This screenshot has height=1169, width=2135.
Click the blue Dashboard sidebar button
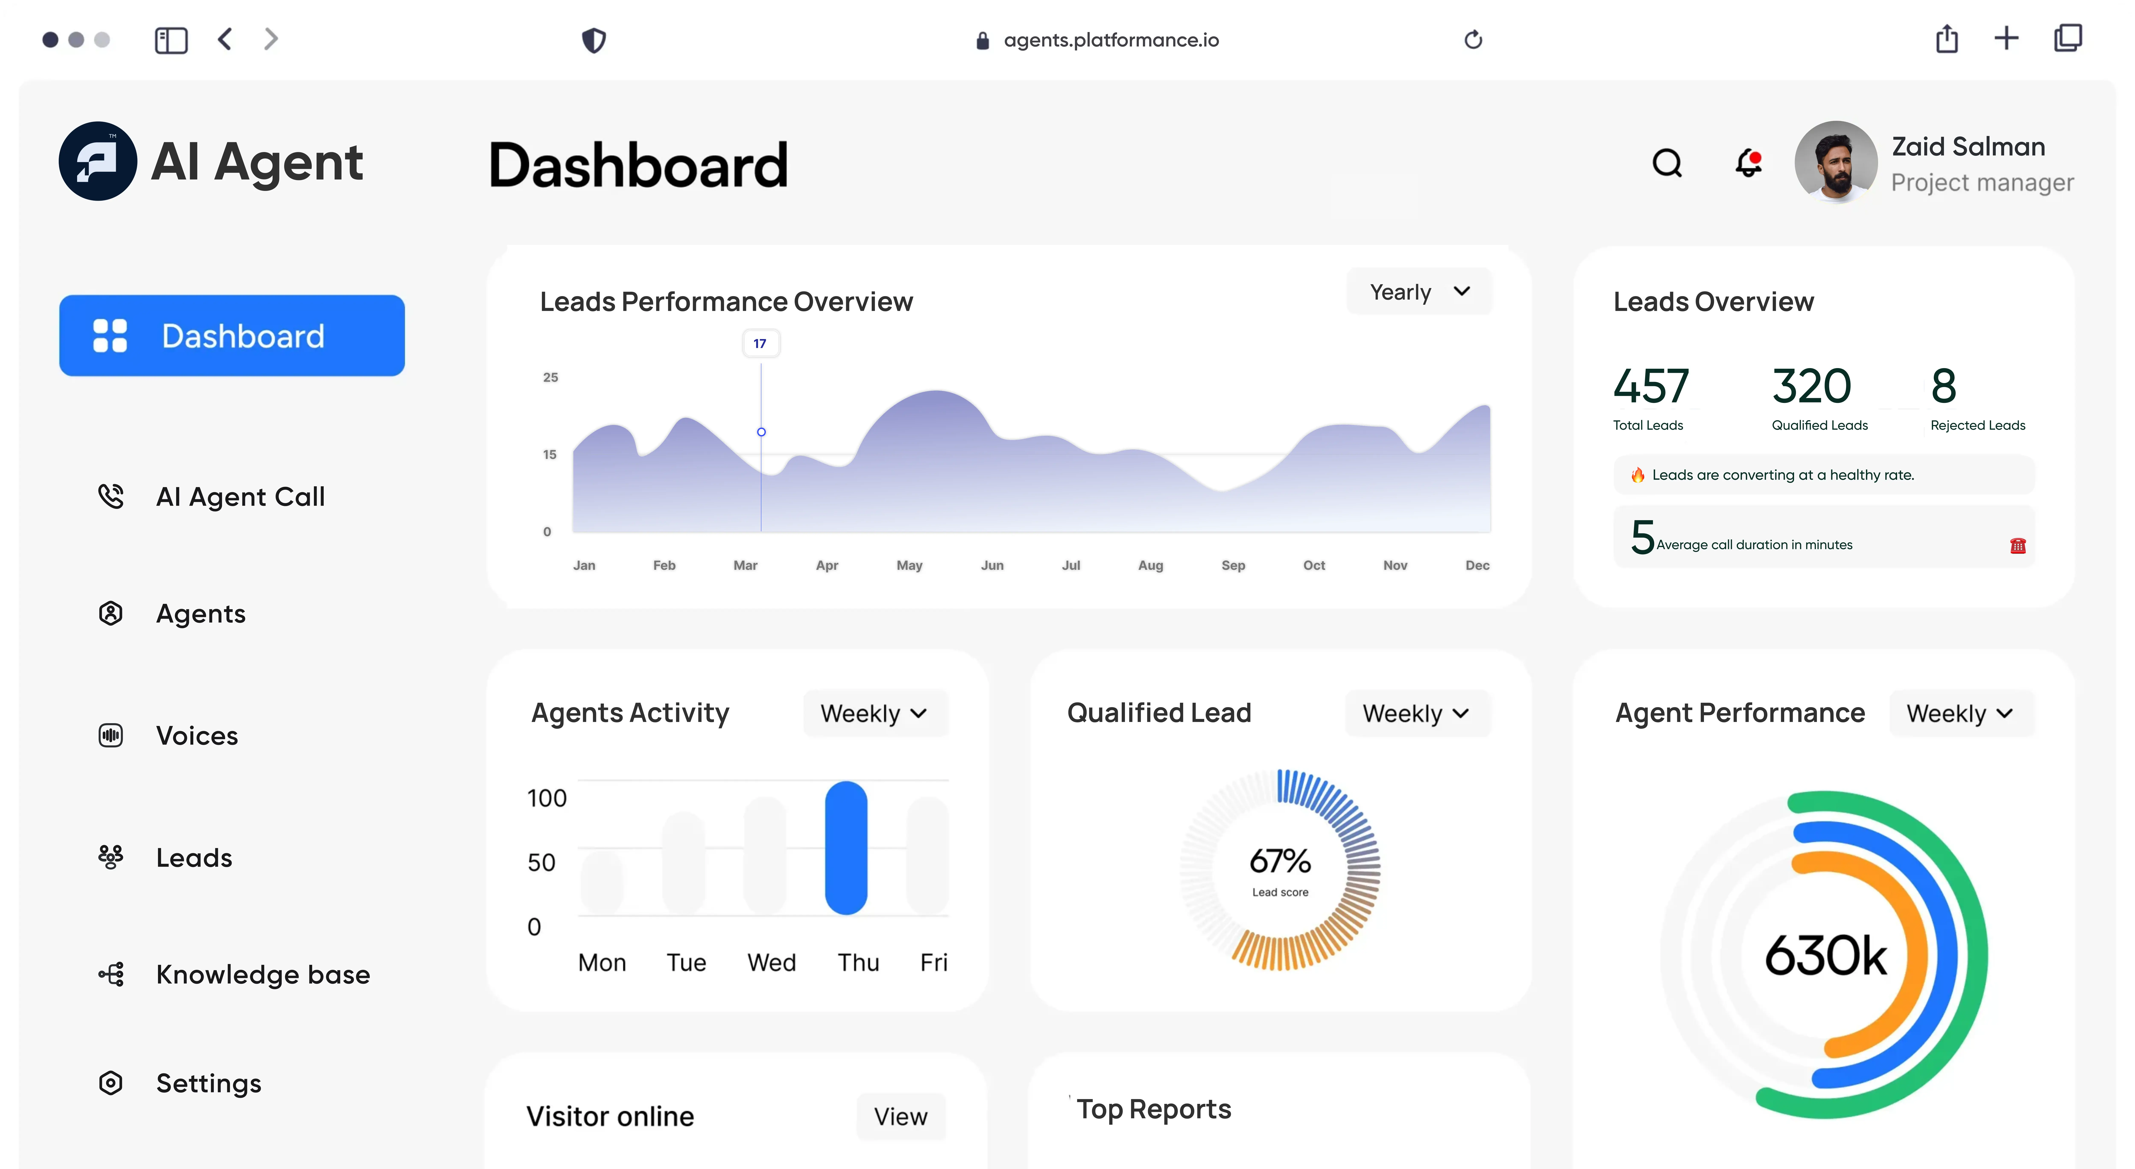click(x=232, y=336)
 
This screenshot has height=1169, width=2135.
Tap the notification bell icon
click(x=1748, y=162)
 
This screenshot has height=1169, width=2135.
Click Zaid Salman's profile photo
click(x=1836, y=162)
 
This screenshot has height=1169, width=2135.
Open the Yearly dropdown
click(x=1419, y=292)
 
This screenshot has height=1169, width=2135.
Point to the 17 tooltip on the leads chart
click(x=760, y=343)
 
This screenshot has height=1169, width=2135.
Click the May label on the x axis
click(x=909, y=565)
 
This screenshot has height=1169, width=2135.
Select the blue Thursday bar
click(x=846, y=847)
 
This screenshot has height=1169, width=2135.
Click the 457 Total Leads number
click(x=1650, y=386)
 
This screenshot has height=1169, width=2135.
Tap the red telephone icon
click(x=2017, y=546)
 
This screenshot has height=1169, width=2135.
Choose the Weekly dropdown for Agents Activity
click(x=874, y=713)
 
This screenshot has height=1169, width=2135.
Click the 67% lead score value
click(x=1280, y=861)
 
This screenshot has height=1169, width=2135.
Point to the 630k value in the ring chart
click(x=1826, y=955)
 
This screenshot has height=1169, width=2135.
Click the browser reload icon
click(x=1473, y=40)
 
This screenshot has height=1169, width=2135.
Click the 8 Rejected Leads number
click(x=1943, y=386)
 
